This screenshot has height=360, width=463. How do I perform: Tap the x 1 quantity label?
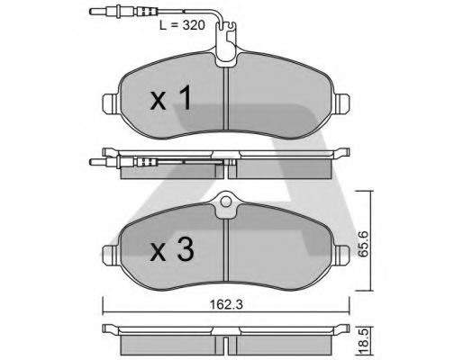coord(171,98)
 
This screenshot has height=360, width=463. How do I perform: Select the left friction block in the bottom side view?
coord(171,343)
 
